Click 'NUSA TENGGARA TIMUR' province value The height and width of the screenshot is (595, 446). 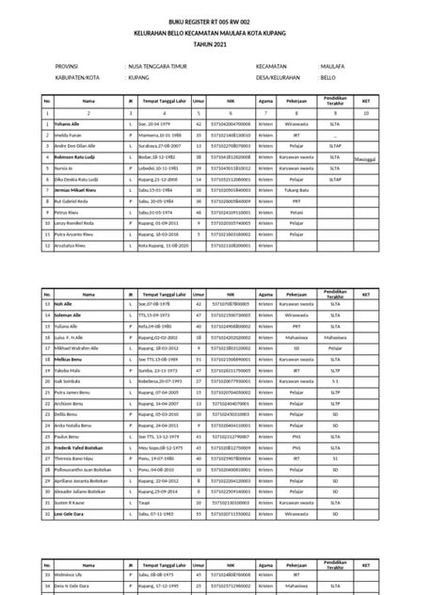(166, 67)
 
